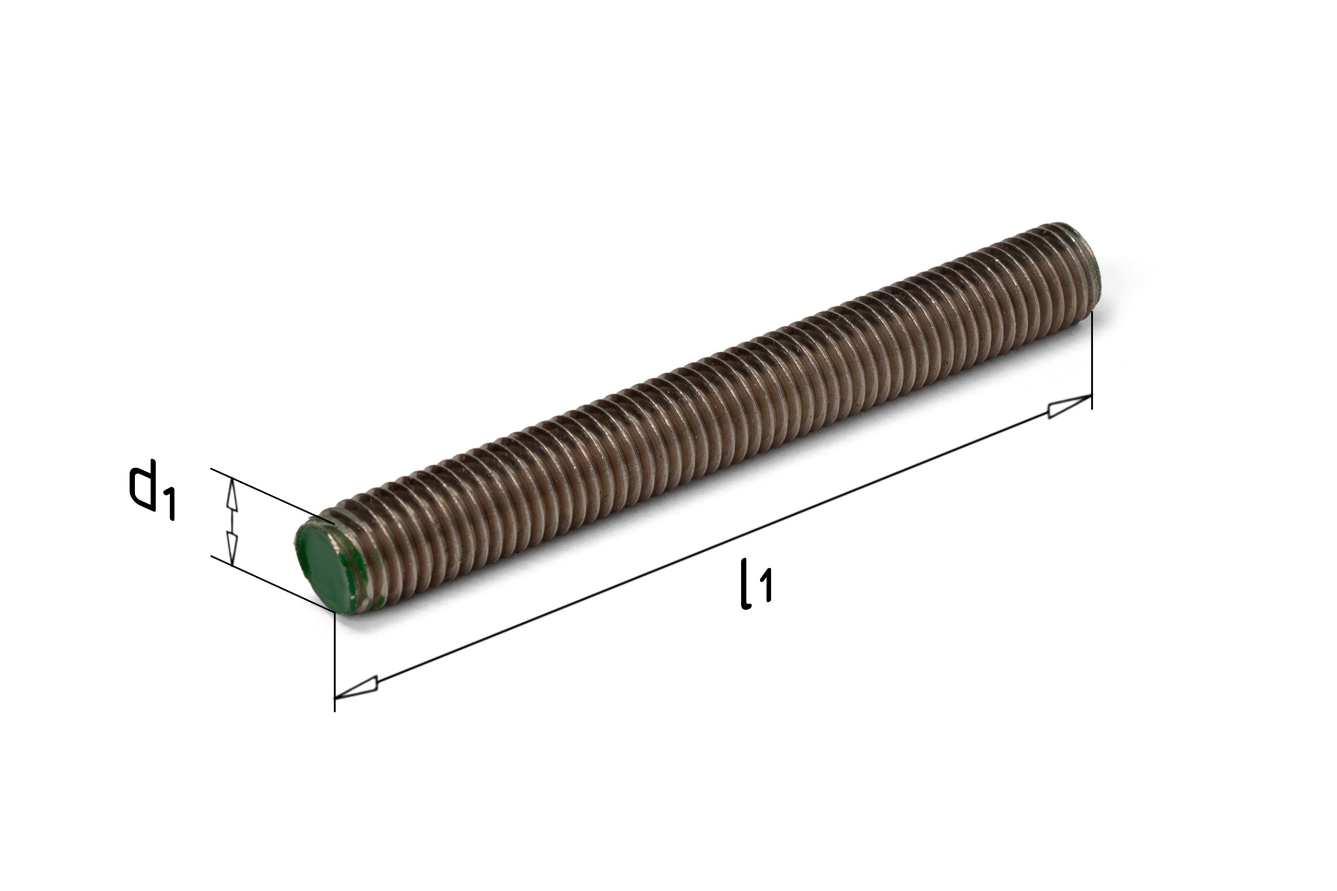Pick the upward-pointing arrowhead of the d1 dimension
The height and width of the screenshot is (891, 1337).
click(231, 493)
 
